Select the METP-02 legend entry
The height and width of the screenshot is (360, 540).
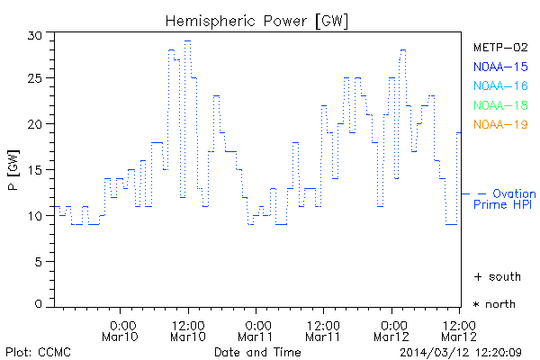(x=499, y=47)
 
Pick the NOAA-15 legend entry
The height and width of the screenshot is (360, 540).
(x=499, y=66)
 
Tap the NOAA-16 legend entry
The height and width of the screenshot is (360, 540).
(x=499, y=85)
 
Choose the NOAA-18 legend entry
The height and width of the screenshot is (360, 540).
(x=499, y=105)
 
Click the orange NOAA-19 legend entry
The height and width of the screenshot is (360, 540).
(x=499, y=124)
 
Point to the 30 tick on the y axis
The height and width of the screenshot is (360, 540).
(x=35, y=34)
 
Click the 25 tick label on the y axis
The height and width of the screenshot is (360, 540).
(x=35, y=79)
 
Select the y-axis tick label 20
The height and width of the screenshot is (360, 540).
(x=35, y=124)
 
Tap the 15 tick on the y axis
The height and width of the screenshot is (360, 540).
(x=35, y=170)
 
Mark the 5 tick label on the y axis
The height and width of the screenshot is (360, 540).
(x=39, y=261)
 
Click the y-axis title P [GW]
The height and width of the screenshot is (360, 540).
(x=13, y=171)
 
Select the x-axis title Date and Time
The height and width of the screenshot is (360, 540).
(x=256, y=351)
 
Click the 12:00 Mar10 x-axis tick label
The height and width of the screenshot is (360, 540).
(x=188, y=330)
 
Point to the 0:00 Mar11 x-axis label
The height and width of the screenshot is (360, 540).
(x=257, y=330)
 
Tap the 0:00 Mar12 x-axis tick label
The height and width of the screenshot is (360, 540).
(x=392, y=330)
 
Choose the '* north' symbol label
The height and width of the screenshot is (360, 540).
(x=495, y=304)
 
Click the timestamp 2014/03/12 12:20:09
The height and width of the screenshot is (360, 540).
(x=467, y=351)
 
